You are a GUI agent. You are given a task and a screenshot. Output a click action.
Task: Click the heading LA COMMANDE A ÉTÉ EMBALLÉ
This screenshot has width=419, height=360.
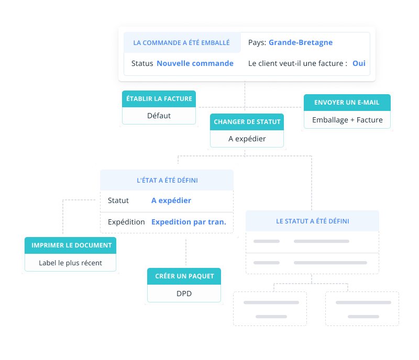click(x=181, y=43)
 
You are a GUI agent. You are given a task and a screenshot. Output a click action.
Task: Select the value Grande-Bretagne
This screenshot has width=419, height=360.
click(x=301, y=42)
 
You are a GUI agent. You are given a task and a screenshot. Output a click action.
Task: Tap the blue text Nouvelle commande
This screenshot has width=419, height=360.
click(x=195, y=63)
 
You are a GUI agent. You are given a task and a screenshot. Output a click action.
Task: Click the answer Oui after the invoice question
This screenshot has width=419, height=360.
click(x=359, y=63)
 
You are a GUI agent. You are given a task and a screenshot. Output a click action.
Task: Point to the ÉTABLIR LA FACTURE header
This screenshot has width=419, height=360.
click(x=159, y=98)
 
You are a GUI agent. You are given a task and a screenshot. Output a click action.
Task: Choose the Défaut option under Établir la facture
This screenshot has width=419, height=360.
click(x=159, y=116)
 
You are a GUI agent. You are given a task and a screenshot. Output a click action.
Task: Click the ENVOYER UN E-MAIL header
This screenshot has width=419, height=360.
click(x=347, y=103)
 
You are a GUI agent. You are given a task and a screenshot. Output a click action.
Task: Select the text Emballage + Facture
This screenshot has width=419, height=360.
click(x=347, y=120)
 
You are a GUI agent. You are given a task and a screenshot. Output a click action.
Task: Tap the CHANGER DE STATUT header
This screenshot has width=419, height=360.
click(x=247, y=122)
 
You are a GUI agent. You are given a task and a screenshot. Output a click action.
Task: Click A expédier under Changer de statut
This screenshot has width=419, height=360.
click(x=247, y=139)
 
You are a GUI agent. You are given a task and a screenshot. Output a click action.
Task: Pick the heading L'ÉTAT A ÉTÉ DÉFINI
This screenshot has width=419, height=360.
click(x=167, y=180)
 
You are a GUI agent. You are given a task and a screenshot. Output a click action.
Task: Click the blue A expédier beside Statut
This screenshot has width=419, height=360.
click(x=171, y=200)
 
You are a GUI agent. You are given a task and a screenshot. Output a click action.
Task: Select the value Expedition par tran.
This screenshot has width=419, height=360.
click(x=189, y=222)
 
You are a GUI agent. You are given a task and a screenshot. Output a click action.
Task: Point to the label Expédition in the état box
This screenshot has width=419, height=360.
click(x=126, y=222)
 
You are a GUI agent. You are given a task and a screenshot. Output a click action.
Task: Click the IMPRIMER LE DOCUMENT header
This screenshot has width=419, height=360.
click(x=72, y=245)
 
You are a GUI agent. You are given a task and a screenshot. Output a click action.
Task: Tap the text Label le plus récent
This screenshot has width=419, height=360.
click(x=71, y=263)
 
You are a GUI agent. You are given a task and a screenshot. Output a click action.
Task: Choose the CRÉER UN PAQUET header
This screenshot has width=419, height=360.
click(x=184, y=276)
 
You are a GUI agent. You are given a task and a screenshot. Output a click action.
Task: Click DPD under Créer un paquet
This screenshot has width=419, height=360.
click(x=184, y=294)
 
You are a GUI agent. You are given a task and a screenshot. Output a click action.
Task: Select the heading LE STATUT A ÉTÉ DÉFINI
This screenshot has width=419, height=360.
click(x=313, y=221)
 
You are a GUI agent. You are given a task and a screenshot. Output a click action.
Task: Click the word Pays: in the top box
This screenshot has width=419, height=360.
click(x=257, y=42)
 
